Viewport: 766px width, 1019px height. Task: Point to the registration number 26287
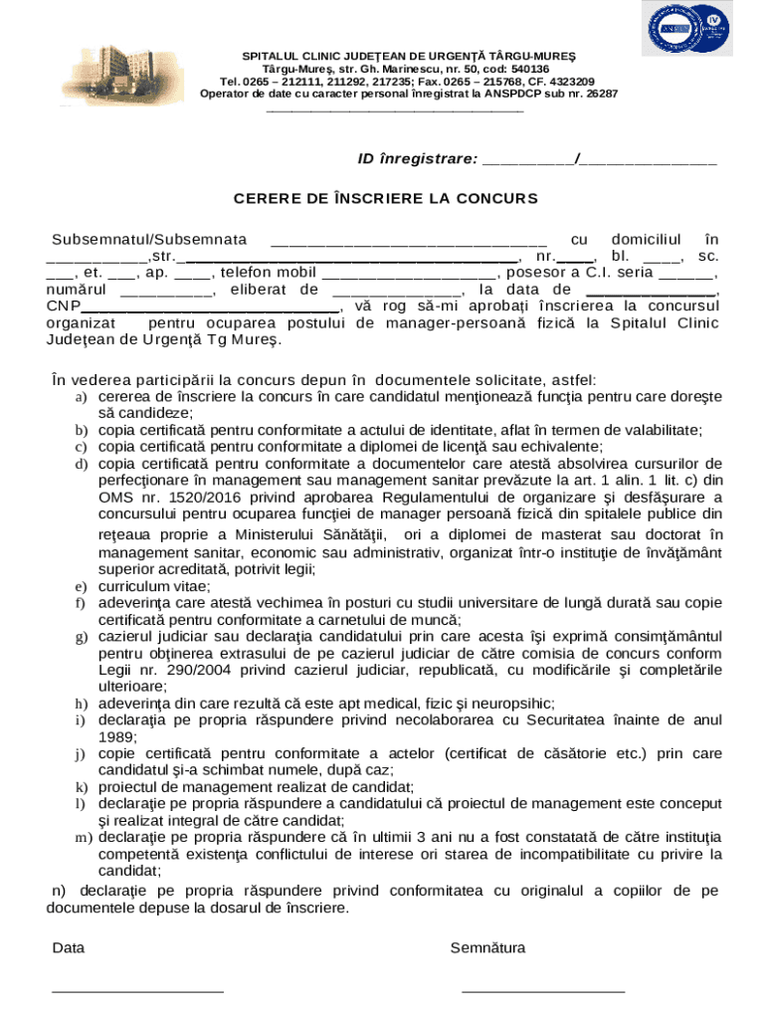[600, 94]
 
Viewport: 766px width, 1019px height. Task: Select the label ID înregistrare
[417, 159]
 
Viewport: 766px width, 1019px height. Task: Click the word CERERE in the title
[268, 198]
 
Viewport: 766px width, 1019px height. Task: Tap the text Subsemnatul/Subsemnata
[149, 240]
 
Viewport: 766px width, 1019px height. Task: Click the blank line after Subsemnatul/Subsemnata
[408, 242]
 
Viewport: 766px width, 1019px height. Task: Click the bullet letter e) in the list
[81, 587]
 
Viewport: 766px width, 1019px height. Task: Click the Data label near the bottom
[68, 948]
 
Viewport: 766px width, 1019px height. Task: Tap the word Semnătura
[487, 948]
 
